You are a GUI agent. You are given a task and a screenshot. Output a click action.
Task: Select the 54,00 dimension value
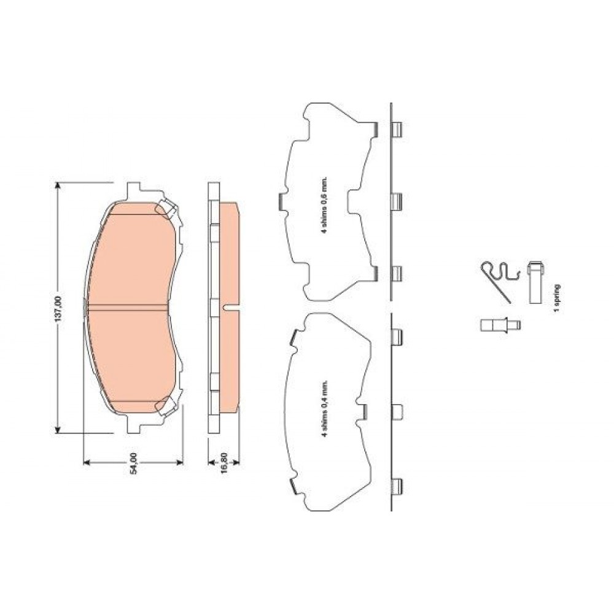tap(133, 463)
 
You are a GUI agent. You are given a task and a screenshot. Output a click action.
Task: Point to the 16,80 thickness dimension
tap(224, 463)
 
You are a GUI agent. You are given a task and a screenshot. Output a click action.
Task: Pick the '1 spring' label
tap(556, 298)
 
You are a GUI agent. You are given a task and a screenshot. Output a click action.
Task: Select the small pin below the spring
tap(500, 325)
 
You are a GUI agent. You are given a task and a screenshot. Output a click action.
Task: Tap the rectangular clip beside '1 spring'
tap(535, 282)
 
